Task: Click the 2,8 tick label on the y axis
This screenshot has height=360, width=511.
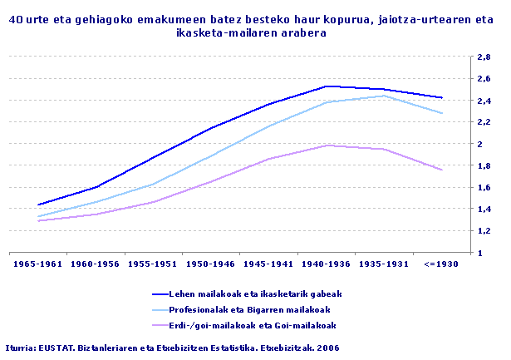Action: click(x=482, y=57)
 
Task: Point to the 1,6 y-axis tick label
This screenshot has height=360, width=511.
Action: click(x=482, y=188)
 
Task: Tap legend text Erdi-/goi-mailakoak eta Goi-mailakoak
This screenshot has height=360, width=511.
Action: click(x=255, y=324)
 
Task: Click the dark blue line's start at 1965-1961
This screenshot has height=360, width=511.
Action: click(x=39, y=205)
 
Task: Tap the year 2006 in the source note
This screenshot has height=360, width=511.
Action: click(x=327, y=347)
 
